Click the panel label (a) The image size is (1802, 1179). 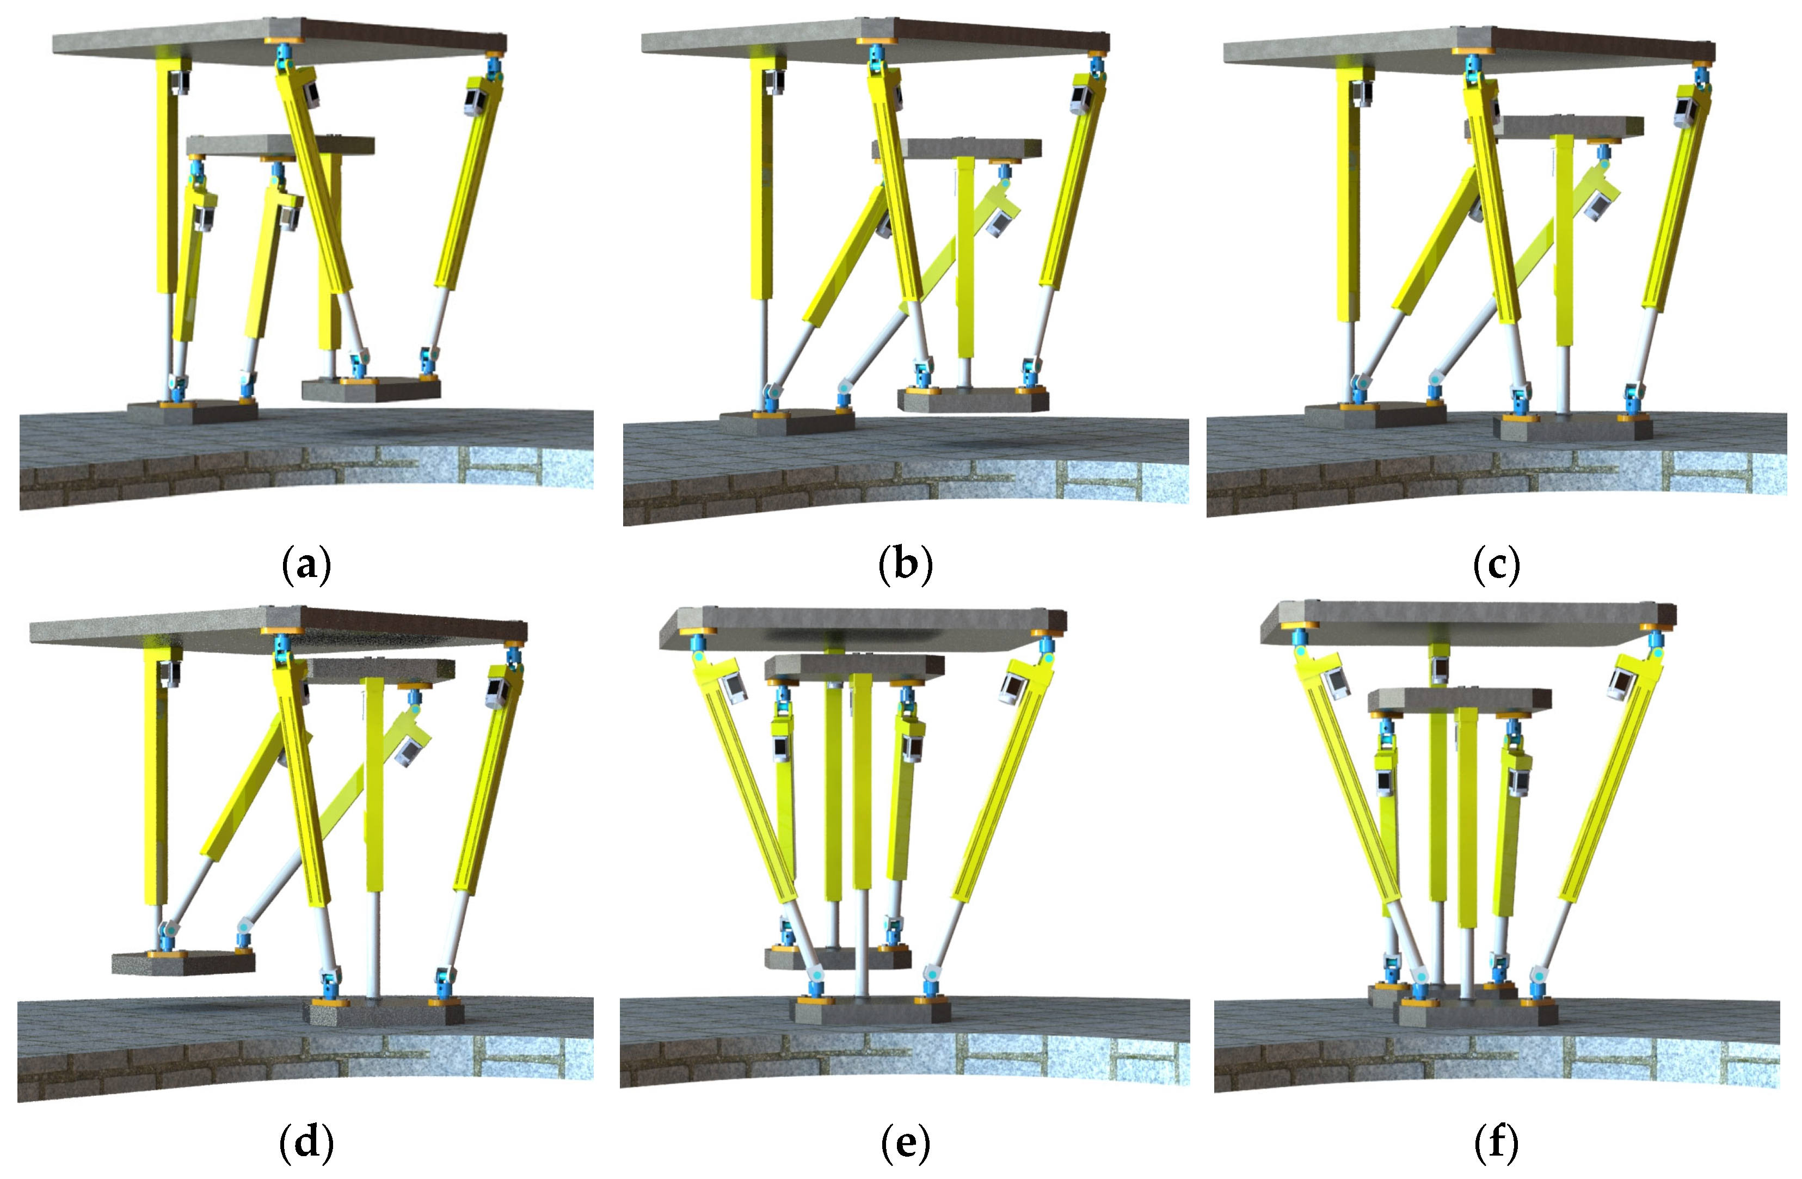[306, 565]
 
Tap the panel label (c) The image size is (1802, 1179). [1496, 565]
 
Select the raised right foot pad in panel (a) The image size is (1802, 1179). [371, 389]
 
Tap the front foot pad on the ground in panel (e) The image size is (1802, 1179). [871, 1010]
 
